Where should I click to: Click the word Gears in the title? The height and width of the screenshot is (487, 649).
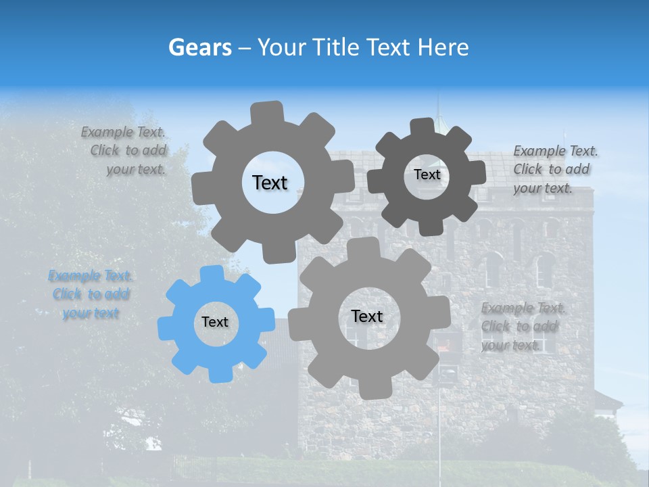coord(199,47)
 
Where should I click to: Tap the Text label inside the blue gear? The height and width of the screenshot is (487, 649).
coord(215,323)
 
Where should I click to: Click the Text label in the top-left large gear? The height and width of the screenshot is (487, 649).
coord(270,183)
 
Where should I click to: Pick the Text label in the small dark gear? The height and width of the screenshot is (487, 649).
coord(427,175)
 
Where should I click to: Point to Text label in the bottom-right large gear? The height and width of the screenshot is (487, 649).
coord(367,316)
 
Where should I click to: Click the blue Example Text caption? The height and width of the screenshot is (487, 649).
coord(91,294)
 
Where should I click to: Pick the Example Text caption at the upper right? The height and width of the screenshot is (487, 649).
coord(554,169)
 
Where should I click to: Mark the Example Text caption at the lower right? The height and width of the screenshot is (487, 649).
coord(522,326)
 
